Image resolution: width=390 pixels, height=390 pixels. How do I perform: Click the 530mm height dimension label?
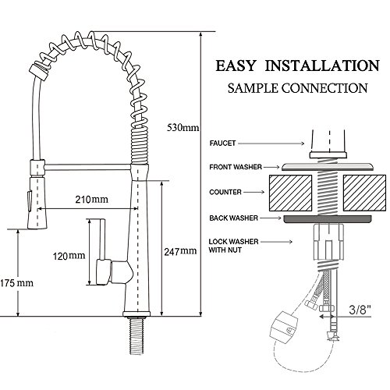183,128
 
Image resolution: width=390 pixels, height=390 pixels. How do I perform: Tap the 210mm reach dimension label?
91,200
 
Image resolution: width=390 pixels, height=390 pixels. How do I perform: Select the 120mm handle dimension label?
69,256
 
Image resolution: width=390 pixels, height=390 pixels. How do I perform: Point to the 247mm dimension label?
180,251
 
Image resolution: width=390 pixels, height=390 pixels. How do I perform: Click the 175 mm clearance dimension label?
16,283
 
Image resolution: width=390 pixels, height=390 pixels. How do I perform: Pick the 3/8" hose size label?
360,310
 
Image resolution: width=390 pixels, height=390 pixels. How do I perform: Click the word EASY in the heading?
236,66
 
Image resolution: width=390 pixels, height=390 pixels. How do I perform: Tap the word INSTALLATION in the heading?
322,66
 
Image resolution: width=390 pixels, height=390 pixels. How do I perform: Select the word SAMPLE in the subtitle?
253,88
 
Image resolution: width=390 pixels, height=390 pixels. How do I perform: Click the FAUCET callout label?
222,144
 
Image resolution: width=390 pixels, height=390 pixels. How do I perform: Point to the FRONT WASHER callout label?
236,167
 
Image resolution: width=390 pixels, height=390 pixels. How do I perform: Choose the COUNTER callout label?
225,192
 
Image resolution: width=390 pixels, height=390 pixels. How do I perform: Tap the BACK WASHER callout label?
233,218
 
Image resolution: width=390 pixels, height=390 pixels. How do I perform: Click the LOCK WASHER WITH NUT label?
233,246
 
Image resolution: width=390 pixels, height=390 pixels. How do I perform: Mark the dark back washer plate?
328,219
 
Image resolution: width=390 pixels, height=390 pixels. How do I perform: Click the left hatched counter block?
290,193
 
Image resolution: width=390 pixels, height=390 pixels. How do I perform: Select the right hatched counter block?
364,193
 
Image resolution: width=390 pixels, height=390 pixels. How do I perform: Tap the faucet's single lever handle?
102,252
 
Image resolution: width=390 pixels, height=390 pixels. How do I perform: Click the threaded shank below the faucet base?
136,335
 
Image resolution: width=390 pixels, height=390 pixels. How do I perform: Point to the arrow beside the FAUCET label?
271,144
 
